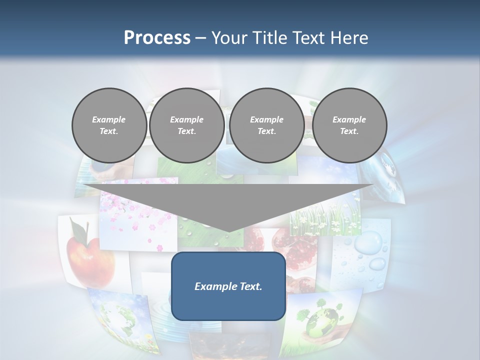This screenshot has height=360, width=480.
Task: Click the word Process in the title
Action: click(x=157, y=38)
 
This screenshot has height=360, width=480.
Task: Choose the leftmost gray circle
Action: click(x=109, y=125)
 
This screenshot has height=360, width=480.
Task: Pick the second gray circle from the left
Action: click(x=187, y=125)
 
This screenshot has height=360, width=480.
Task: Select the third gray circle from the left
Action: click(x=267, y=125)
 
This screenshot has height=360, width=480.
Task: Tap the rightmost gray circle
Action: click(x=349, y=125)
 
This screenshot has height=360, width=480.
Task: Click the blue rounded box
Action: click(x=228, y=286)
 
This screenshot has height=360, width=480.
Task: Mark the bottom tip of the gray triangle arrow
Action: click(x=228, y=232)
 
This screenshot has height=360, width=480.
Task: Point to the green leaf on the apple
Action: click(x=78, y=229)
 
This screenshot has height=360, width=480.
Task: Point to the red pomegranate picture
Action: click(x=295, y=250)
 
